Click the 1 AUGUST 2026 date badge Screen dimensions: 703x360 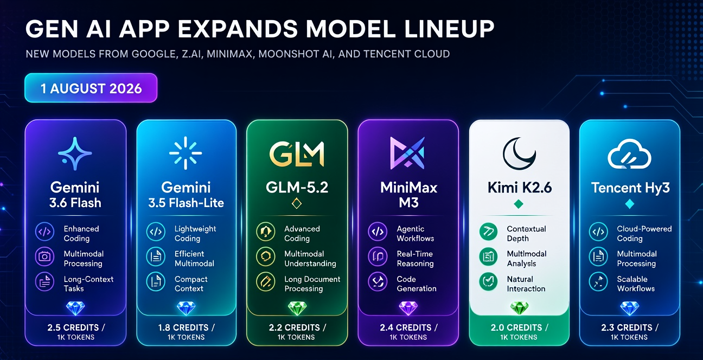point(91,88)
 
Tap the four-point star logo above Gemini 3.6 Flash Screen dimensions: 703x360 point(75,153)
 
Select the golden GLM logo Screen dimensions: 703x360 point(297,153)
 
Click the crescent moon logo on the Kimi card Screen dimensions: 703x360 point(519,153)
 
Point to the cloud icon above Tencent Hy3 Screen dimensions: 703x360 point(629,154)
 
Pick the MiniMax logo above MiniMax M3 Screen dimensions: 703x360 point(407,153)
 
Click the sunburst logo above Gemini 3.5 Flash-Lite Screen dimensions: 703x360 point(186,153)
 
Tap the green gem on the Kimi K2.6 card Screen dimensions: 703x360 point(519,308)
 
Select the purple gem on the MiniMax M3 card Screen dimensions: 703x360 point(408,308)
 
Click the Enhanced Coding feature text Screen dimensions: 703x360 point(81,234)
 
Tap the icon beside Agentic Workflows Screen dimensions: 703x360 point(378,232)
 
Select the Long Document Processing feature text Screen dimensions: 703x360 point(312,284)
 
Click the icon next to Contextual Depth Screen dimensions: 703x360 point(488,232)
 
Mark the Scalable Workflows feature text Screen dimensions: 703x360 point(636,284)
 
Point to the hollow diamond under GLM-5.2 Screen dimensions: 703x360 point(297,203)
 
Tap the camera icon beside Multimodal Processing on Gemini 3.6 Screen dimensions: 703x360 point(44,257)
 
